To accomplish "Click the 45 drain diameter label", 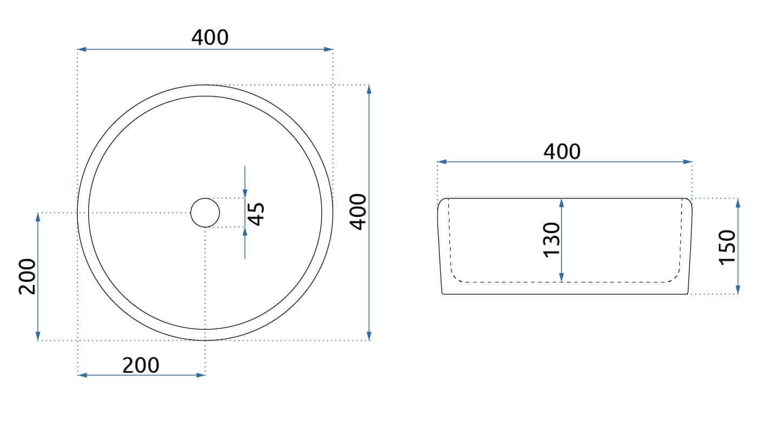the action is click(x=256, y=214).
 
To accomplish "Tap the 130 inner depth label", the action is click(x=552, y=240).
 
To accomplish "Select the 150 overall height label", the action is click(x=727, y=247).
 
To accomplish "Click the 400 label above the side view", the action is click(x=562, y=151).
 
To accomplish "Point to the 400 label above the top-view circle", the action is click(x=210, y=37).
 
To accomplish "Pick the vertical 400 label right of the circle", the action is click(x=359, y=212).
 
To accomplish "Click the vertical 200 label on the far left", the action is click(x=27, y=276).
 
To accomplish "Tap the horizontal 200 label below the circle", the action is click(x=141, y=366).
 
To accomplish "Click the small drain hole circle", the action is click(x=205, y=198).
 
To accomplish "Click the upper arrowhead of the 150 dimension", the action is click(x=738, y=203).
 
